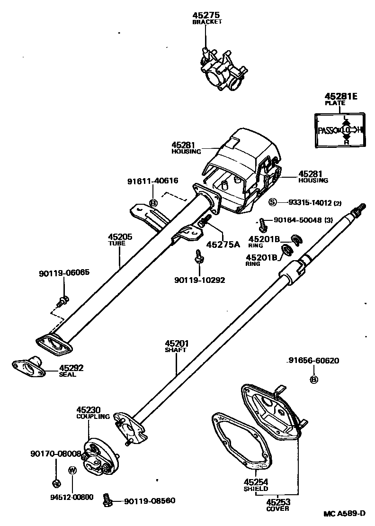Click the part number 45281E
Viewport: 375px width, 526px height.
tap(341, 97)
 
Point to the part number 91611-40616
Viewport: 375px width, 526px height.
tap(152, 181)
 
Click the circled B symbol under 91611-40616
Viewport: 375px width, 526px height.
tap(153, 203)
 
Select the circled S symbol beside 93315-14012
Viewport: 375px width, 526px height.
tap(272, 202)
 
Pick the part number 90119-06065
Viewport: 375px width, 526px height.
tap(64, 273)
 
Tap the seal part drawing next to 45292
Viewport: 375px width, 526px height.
tap(29, 367)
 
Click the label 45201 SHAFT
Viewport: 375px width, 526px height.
tap(177, 345)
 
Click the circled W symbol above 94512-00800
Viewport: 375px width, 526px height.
tap(72, 470)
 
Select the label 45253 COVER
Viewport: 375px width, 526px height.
tap(277, 504)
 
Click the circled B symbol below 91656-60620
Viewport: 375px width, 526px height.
tap(313, 379)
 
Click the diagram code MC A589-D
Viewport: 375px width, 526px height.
tap(345, 514)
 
